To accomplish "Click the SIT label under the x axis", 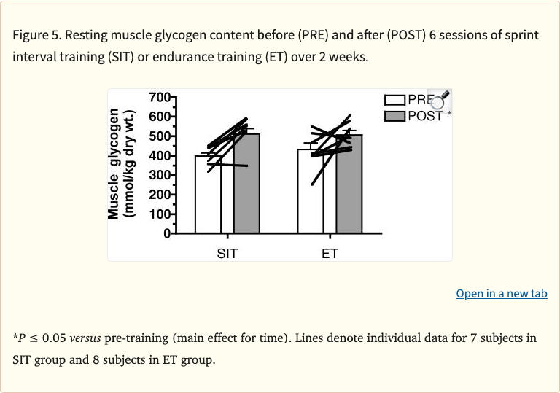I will [227, 254].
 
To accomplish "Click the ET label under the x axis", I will [330, 254].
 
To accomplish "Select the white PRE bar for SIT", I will [209, 204].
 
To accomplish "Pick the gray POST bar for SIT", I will [246, 197].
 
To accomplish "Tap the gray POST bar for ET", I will [349, 197].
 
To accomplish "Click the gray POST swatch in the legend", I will [394, 116].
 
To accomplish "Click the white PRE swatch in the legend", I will [394, 101].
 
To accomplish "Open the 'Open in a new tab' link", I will [502, 293].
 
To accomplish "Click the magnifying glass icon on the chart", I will [442, 101].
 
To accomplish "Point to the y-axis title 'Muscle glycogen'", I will [114, 164].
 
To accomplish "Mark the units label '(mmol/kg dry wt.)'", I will [131, 164].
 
